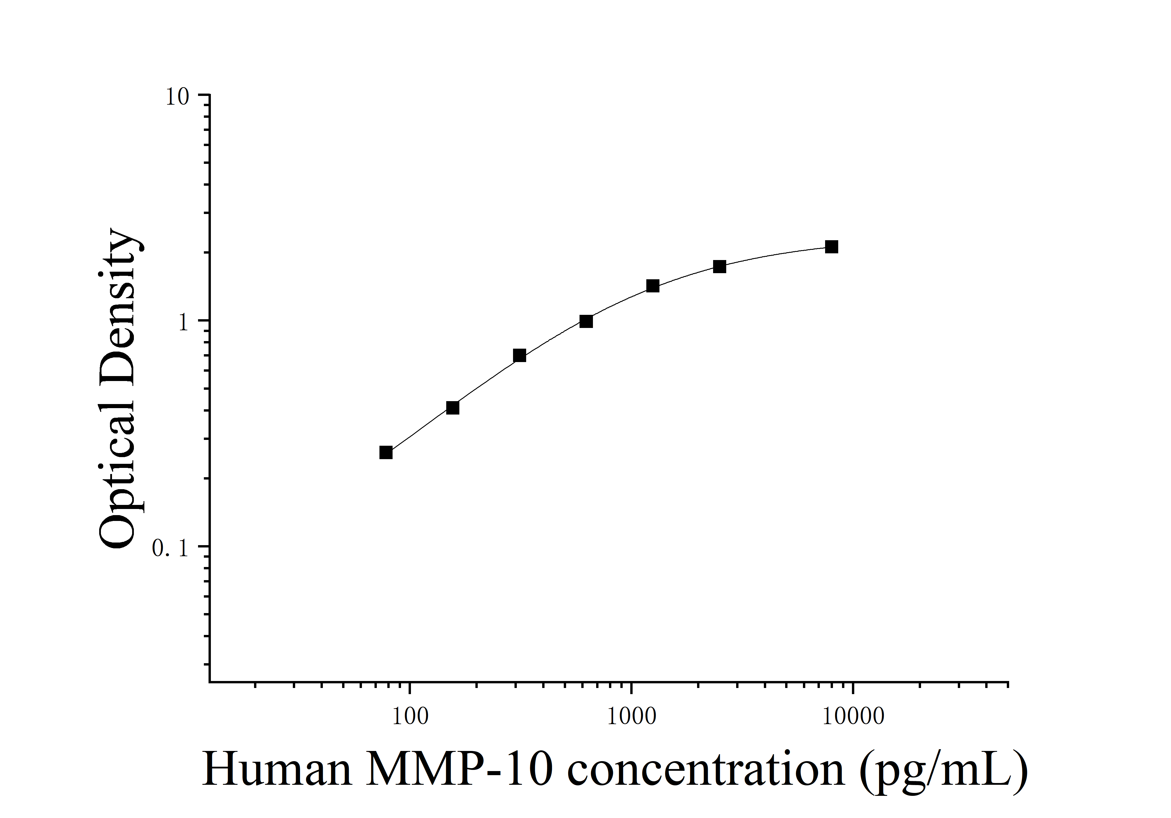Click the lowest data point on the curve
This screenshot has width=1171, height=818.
386,452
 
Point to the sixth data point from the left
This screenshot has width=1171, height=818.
720,266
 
